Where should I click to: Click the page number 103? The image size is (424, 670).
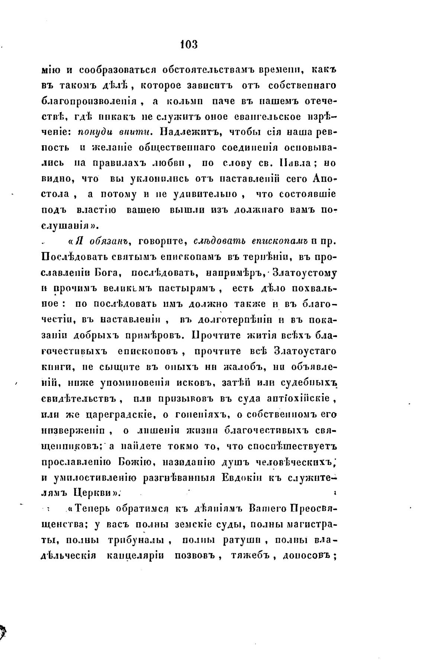[188, 45]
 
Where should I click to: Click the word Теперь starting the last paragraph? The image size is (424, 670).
[92, 508]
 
